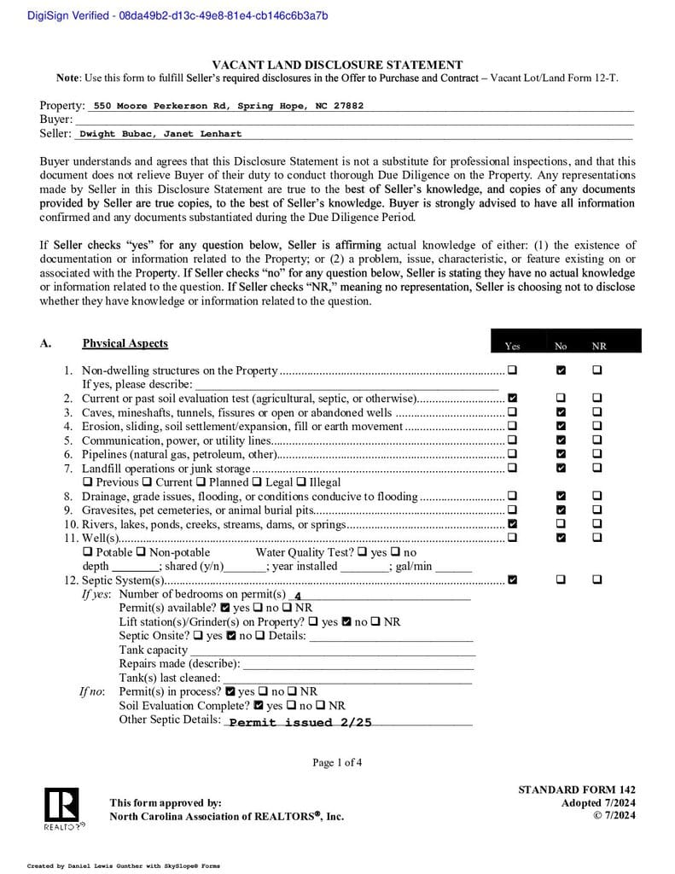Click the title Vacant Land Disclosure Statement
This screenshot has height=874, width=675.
pos(337,65)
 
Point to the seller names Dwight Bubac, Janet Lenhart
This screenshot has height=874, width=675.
pos(160,134)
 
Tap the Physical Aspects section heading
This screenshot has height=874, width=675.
pos(125,343)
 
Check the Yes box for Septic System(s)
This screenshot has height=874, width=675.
pos(512,580)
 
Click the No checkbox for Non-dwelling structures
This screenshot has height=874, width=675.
pos(561,370)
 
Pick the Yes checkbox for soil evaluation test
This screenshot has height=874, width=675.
pos(512,399)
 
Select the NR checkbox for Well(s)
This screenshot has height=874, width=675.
pos(597,538)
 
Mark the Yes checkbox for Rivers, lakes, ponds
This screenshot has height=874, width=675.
pos(512,524)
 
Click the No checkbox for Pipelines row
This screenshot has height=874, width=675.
pos(561,454)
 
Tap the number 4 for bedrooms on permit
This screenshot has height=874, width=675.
pos(297,596)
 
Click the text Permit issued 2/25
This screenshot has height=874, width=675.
pos(300,722)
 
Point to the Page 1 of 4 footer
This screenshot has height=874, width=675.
pos(337,762)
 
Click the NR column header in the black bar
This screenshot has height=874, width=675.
pos(599,346)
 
